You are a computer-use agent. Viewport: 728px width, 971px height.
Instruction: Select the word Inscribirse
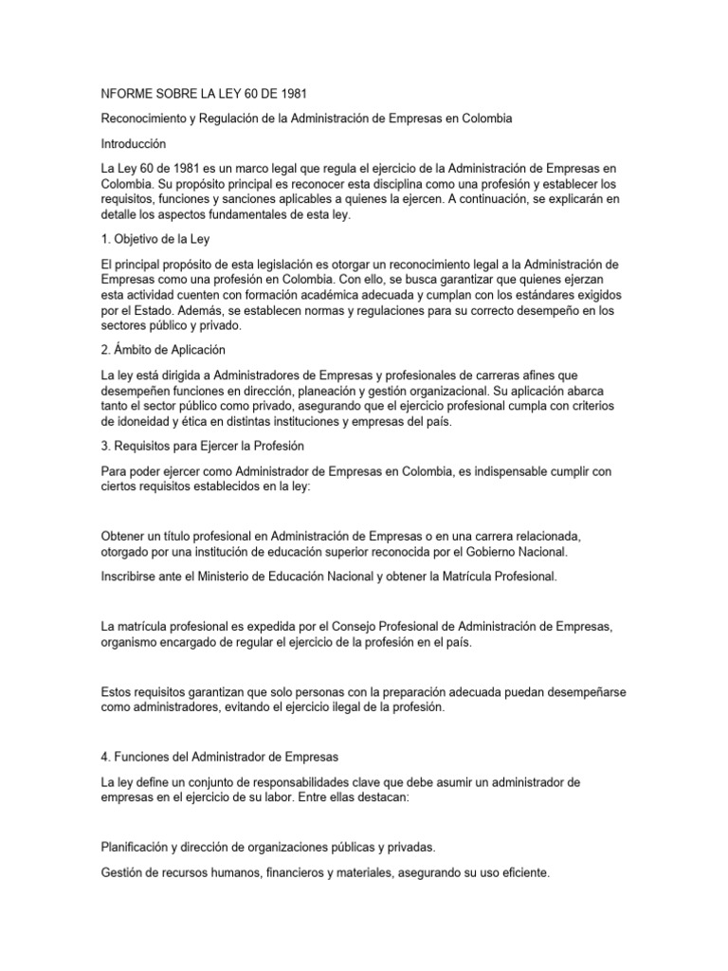click(132, 577)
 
